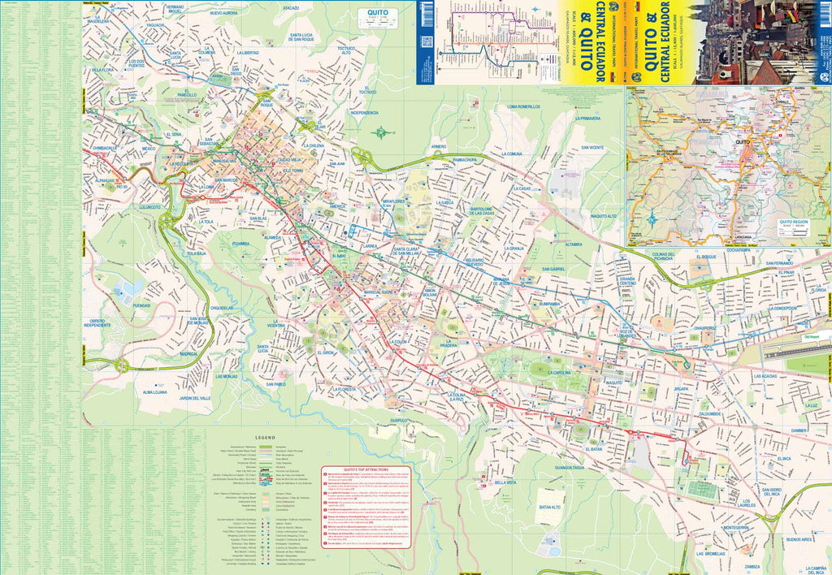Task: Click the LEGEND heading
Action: [266, 437]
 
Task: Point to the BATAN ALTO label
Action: [551, 508]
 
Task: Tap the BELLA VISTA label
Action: [505, 482]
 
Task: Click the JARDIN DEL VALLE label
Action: [195, 399]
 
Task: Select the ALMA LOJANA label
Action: [154, 392]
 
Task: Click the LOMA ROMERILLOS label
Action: [523, 106]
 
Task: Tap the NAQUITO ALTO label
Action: [604, 216]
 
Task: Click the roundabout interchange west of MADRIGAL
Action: [122, 366]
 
